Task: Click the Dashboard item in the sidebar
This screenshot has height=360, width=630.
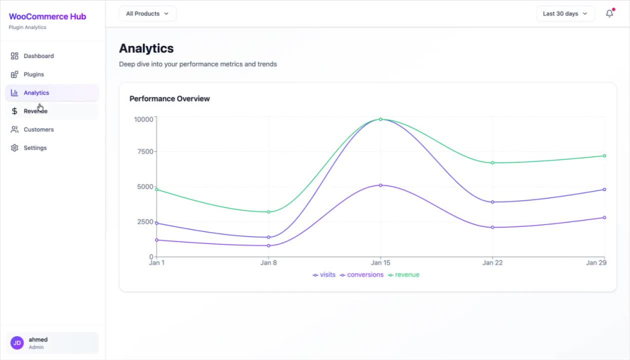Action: (38, 56)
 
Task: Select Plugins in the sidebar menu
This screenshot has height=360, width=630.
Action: (34, 74)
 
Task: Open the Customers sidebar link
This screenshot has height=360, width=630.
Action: (38, 129)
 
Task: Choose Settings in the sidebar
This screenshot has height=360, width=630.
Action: (35, 148)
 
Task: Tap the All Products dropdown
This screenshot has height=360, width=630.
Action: (147, 14)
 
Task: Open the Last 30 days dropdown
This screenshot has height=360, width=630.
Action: (565, 14)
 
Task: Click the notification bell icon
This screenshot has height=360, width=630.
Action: (609, 13)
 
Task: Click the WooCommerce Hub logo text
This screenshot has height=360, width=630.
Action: (47, 16)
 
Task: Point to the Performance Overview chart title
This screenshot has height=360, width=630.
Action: (169, 98)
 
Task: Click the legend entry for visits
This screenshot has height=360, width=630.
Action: (324, 275)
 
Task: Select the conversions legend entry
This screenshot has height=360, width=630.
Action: (362, 275)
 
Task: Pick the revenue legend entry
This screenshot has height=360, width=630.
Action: (404, 275)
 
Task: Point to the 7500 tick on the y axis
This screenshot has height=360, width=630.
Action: (145, 152)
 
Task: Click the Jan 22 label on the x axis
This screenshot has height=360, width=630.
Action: (493, 263)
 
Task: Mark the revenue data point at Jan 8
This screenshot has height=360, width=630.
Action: (269, 212)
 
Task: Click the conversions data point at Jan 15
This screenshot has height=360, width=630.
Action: (381, 185)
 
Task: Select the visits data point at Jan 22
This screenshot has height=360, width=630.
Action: (493, 202)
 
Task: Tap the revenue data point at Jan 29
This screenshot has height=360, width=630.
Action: (604, 156)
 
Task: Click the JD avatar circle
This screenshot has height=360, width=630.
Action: (17, 343)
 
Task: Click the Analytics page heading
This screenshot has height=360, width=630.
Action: (146, 49)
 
